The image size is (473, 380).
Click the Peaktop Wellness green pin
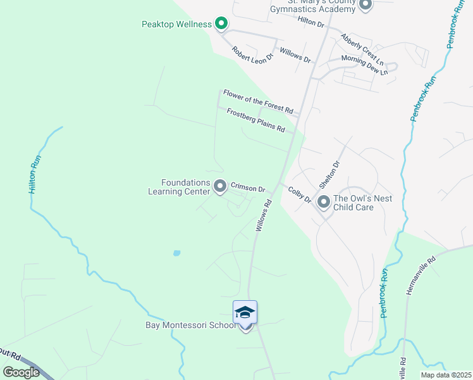click(221, 24)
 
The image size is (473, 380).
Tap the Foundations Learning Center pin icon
click(220, 186)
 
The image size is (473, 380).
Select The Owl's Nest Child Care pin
click(324, 202)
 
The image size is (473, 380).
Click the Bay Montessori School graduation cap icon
click(245, 312)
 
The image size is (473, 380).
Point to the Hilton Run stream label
click(35, 174)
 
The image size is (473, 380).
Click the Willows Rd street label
click(264, 215)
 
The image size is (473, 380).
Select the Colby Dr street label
click(300, 194)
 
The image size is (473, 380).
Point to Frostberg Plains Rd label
click(255, 120)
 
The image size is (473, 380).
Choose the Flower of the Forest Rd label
click(258, 101)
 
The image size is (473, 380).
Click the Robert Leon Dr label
click(252, 53)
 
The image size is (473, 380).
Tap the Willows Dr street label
click(295, 55)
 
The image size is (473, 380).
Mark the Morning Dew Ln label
click(364, 65)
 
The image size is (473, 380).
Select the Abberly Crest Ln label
click(362, 50)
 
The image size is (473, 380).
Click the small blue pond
click(176, 253)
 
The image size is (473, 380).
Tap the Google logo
click(21, 372)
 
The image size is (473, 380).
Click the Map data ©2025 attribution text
click(445, 375)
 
